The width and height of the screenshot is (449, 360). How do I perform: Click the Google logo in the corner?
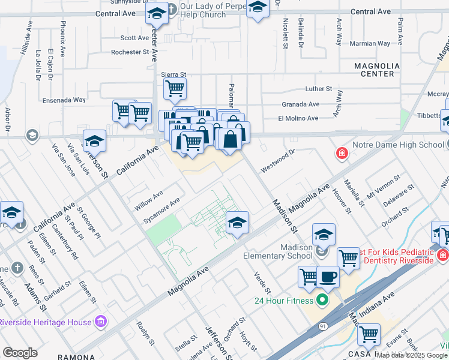[20, 353]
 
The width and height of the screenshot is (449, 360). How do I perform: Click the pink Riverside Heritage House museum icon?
[100, 322]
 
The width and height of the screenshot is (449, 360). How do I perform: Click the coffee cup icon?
[328, 277]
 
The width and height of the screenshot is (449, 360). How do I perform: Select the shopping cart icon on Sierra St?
[175, 89]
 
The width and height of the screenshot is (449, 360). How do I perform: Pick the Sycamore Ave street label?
[161, 211]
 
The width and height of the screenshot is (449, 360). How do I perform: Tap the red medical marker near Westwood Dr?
[342, 154]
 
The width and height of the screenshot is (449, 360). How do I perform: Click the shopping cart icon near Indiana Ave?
[368, 334]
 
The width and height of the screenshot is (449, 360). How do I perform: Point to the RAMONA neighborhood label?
[76, 356]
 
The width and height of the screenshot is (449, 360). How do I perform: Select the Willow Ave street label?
[149, 200]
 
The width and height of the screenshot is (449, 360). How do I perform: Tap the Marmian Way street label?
[370, 43]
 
